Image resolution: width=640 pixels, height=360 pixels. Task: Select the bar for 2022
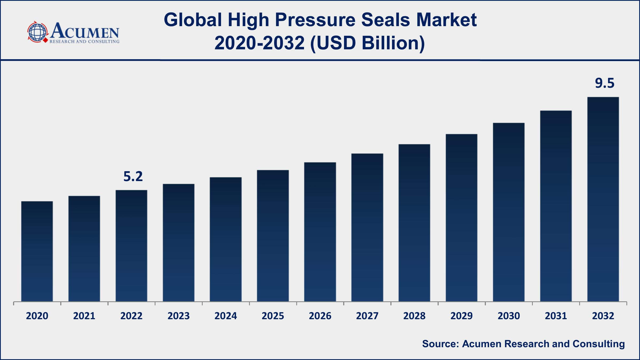pos(131,246)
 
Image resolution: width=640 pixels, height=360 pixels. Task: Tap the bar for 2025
pos(273,236)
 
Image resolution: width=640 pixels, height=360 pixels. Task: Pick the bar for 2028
pos(414,223)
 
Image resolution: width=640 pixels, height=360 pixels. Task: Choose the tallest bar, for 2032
pos(603,199)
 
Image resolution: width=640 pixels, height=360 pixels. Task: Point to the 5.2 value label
pos(133,177)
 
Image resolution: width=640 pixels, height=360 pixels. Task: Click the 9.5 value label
pos(605,83)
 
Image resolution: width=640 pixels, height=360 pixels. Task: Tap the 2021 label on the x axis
pos(84,316)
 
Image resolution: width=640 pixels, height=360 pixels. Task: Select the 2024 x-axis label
pos(226,316)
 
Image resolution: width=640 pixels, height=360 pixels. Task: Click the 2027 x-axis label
pos(367,316)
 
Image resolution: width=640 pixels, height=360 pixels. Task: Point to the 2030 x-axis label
pos(509,316)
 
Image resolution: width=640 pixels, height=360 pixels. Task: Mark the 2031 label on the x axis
pos(556,316)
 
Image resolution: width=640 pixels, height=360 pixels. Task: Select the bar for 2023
pos(179,243)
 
